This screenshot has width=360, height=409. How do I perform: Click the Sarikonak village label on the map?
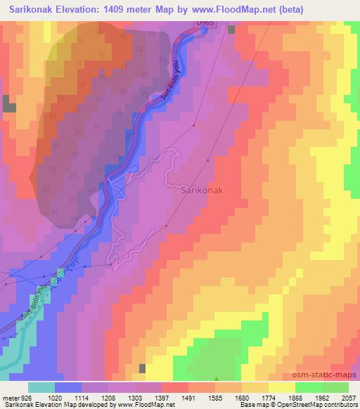click(x=203, y=190)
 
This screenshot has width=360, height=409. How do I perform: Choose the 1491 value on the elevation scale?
click(x=169, y=398)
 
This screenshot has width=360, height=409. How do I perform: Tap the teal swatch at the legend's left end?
click(x=42, y=387)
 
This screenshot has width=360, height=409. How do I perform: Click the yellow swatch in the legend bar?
click(x=281, y=387)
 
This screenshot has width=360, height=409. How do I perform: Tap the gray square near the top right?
click(x=230, y=30)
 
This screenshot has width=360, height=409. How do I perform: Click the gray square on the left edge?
click(x=9, y=105)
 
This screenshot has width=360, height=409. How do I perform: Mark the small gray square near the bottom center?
click(x=143, y=368)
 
